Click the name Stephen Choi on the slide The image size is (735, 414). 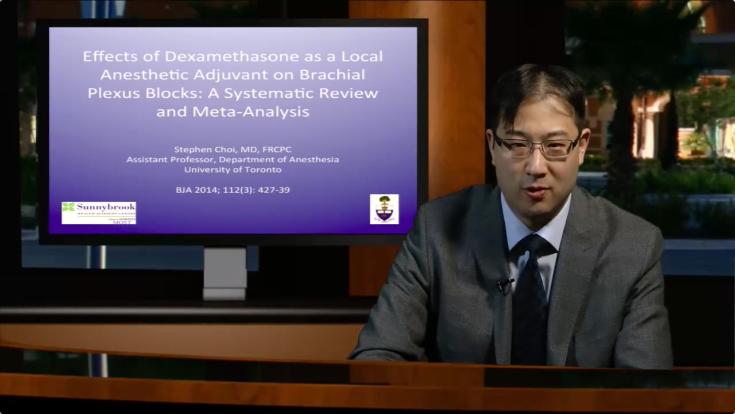click(x=205, y=149)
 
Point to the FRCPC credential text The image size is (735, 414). click(x=277, y=149)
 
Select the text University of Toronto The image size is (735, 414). click(x=233, y=170)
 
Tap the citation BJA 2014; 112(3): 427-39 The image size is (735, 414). click(x=233, y=190)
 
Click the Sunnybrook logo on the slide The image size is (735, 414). click(x=99, y=213)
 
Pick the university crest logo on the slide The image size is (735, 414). click(x=384, y=209)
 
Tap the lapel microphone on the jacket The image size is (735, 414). click(x=505, y=283)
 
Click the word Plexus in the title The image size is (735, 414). click(x=111, y=93)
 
